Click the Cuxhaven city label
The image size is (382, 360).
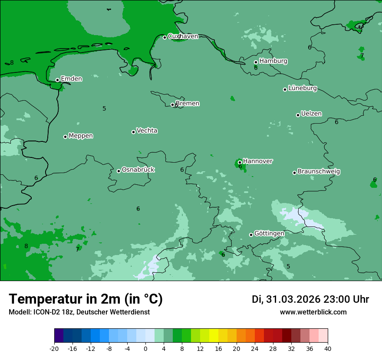tap(183, 36)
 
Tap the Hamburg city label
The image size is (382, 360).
tap(273, 61)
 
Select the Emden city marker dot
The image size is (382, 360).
tap(57, 80)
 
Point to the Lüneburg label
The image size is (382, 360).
tap(302, 88)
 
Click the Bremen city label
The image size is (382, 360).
tap(187, 104)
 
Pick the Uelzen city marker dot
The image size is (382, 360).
tap(298, 115)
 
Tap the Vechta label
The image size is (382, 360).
tap(147, 131)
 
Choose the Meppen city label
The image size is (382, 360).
tap(81, 136)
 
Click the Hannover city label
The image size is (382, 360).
tap(257, 161)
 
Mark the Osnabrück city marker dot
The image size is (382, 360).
tap(119, 171)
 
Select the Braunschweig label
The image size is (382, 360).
tap(319, 172)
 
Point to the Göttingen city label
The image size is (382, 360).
tap(269, 234)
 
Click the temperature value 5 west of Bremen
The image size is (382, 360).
tap(104, 108)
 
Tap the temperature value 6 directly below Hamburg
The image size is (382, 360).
tap(256, 68)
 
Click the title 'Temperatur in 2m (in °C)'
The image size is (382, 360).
tap(86, 299)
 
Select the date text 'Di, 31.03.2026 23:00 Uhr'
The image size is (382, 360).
tap(310, 299)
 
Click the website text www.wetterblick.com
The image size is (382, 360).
tap(313, 312)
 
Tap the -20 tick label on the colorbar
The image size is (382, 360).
tap(54, 348)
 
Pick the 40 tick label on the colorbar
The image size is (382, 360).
tap(328, 348)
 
